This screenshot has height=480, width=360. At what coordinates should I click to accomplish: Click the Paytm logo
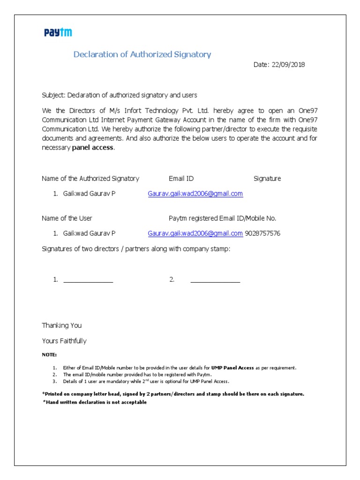[58, 32]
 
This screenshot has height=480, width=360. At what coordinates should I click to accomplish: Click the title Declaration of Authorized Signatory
[142, 54]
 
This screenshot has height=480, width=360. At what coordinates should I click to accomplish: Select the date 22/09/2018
[287, 65]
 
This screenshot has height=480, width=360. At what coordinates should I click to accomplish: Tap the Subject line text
[120, 95]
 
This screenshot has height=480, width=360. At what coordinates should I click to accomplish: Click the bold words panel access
[93, 148]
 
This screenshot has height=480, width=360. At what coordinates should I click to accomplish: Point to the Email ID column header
[181, 179]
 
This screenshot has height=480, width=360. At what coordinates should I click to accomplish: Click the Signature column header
[267, 179]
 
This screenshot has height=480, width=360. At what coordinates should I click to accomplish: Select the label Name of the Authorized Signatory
[90, 179]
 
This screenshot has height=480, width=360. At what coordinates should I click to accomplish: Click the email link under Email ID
[195, 194]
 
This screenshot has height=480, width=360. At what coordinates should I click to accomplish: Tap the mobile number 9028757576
[262, 233]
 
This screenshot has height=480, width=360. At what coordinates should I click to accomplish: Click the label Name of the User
[67, 218]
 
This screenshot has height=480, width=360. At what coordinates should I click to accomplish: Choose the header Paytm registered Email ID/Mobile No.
[222, 218]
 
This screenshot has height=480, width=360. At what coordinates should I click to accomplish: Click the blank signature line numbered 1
[88, 282]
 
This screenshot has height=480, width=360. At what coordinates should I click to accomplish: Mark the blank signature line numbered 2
[215, 282]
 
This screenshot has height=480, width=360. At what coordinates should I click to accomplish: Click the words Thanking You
[62, 325]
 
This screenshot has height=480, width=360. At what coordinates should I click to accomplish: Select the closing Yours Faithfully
[64, 341]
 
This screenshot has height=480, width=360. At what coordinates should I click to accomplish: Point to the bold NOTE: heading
[49, 355]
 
